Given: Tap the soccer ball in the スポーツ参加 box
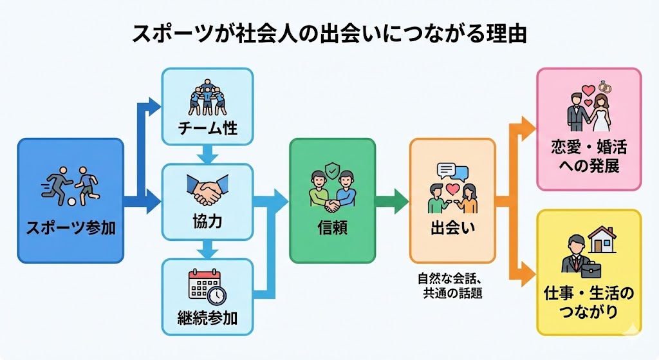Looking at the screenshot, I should point(72,201).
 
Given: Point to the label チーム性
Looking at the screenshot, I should point(207,128).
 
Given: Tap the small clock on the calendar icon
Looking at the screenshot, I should point(217,295).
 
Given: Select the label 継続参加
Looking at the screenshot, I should point(207,317).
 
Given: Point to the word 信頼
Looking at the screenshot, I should point(332,227).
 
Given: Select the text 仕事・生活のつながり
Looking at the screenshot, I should point(588,303).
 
